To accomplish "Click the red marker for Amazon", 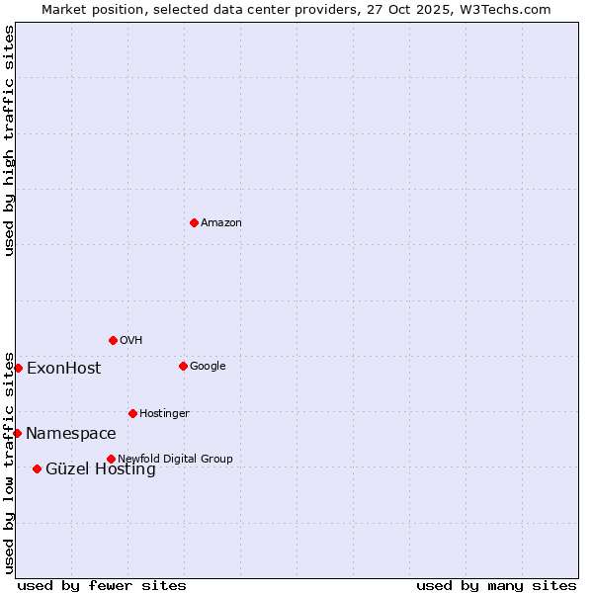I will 194,222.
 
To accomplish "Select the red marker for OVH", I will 113,340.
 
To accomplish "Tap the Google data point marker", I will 183,366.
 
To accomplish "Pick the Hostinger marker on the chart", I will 132,413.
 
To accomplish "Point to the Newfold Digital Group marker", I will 111,459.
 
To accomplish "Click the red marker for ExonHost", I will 18,368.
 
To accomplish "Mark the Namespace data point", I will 17,433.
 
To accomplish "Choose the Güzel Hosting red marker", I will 37,468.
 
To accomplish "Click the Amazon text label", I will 220,223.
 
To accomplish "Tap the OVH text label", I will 130,341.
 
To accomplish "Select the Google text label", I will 208,367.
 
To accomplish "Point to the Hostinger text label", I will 164,413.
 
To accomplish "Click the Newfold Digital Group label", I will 175,459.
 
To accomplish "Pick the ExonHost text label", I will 63,369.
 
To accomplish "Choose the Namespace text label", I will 70,434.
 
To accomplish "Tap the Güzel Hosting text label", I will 100,469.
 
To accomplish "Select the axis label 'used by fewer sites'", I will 102,585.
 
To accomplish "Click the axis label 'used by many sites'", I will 496,585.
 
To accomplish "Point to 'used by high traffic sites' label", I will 10,140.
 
